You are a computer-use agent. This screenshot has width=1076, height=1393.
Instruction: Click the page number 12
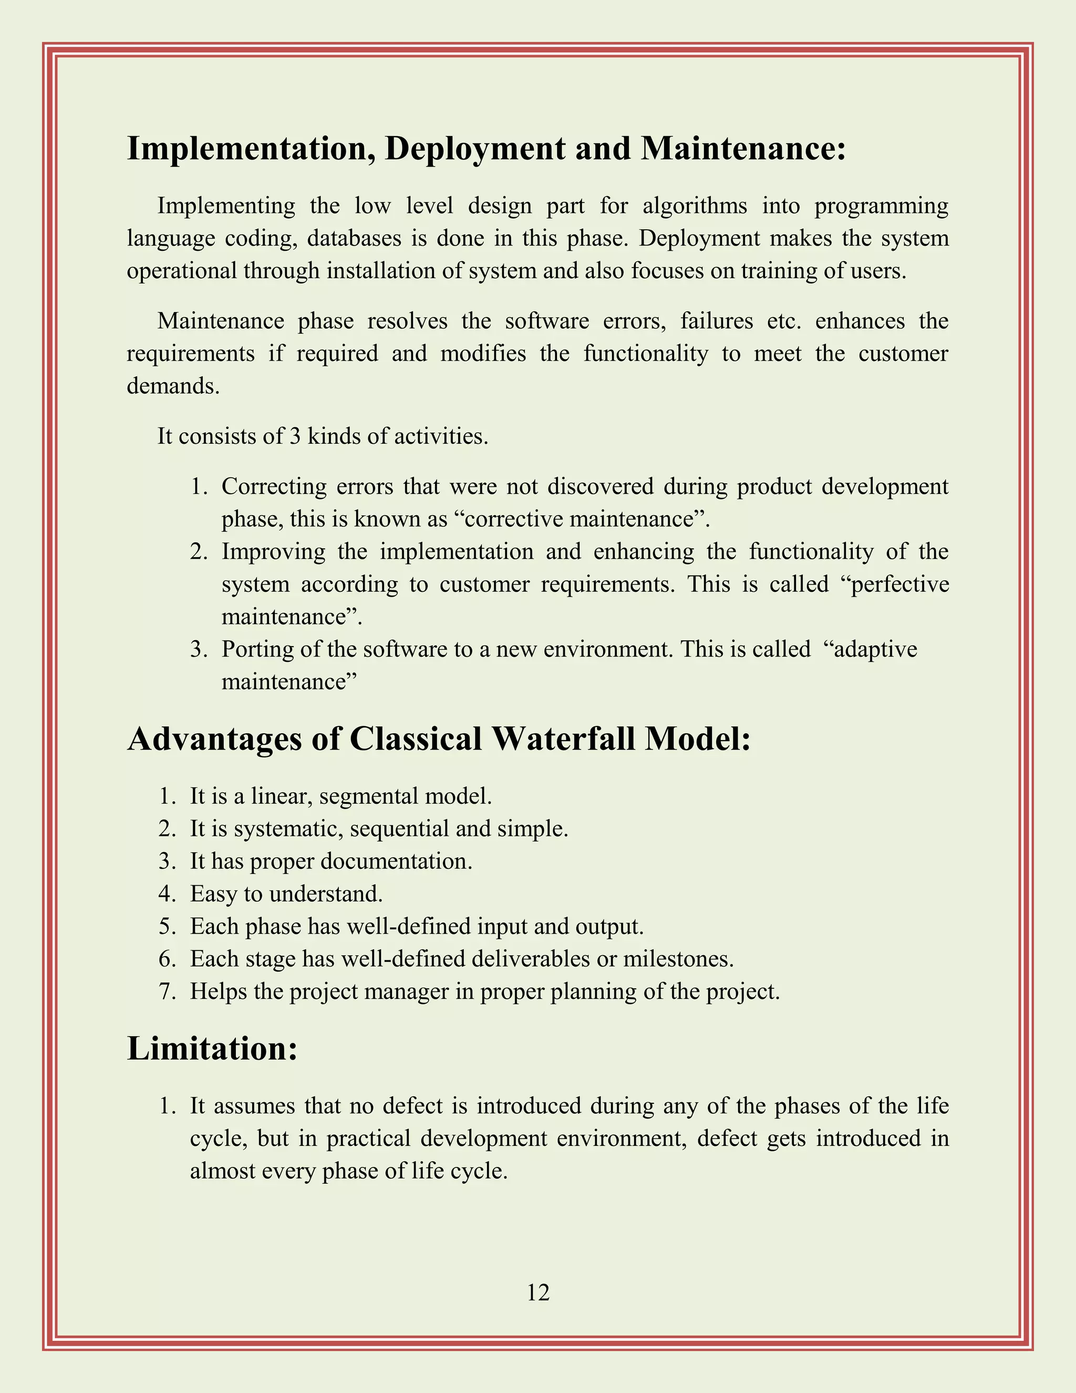538,1292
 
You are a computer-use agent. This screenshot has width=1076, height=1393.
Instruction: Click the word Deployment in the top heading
474,149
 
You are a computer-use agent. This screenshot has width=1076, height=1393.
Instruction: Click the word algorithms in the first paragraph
694,206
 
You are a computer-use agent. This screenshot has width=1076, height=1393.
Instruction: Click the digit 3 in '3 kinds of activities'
295,436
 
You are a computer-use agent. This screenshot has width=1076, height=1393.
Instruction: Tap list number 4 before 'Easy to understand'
167,894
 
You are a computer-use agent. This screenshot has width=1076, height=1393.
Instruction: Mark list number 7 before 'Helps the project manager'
167,991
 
